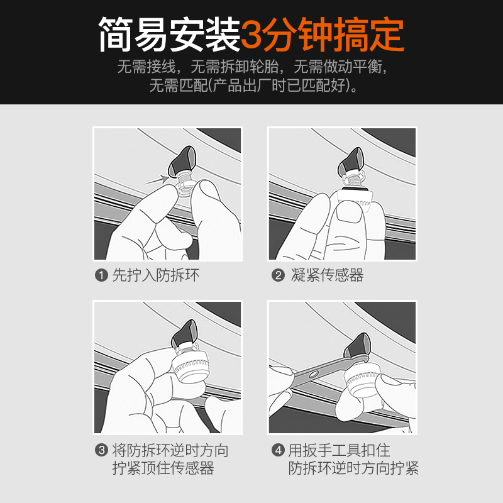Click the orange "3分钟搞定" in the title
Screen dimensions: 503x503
click(x=323, y=35)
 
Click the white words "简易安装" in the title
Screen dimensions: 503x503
click(x=170, y=35)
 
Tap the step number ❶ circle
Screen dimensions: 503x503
click(x=101, y=275)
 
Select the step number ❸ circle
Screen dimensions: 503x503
click(x=101, y=451)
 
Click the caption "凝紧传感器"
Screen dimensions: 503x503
click(x=328, y=275)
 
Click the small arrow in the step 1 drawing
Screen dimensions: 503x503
click(x=157, y=180)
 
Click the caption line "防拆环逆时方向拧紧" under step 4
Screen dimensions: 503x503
click(x=354, y=468)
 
